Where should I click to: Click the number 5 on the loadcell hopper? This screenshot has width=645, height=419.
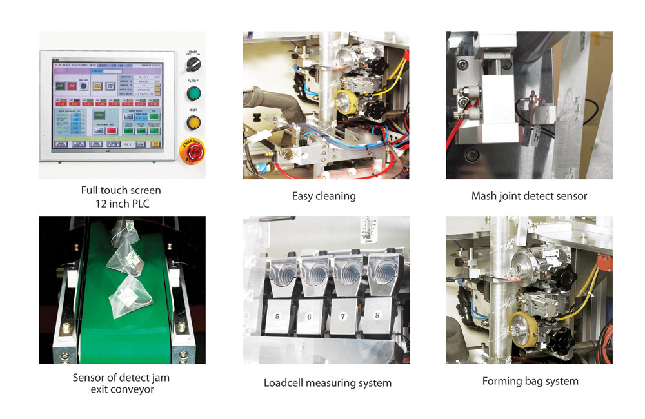277,317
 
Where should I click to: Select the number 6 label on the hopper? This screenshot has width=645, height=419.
309,317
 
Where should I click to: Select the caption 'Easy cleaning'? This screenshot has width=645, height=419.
324,196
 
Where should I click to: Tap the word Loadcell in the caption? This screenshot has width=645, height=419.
285,383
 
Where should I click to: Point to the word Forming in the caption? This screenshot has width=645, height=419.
503,381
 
